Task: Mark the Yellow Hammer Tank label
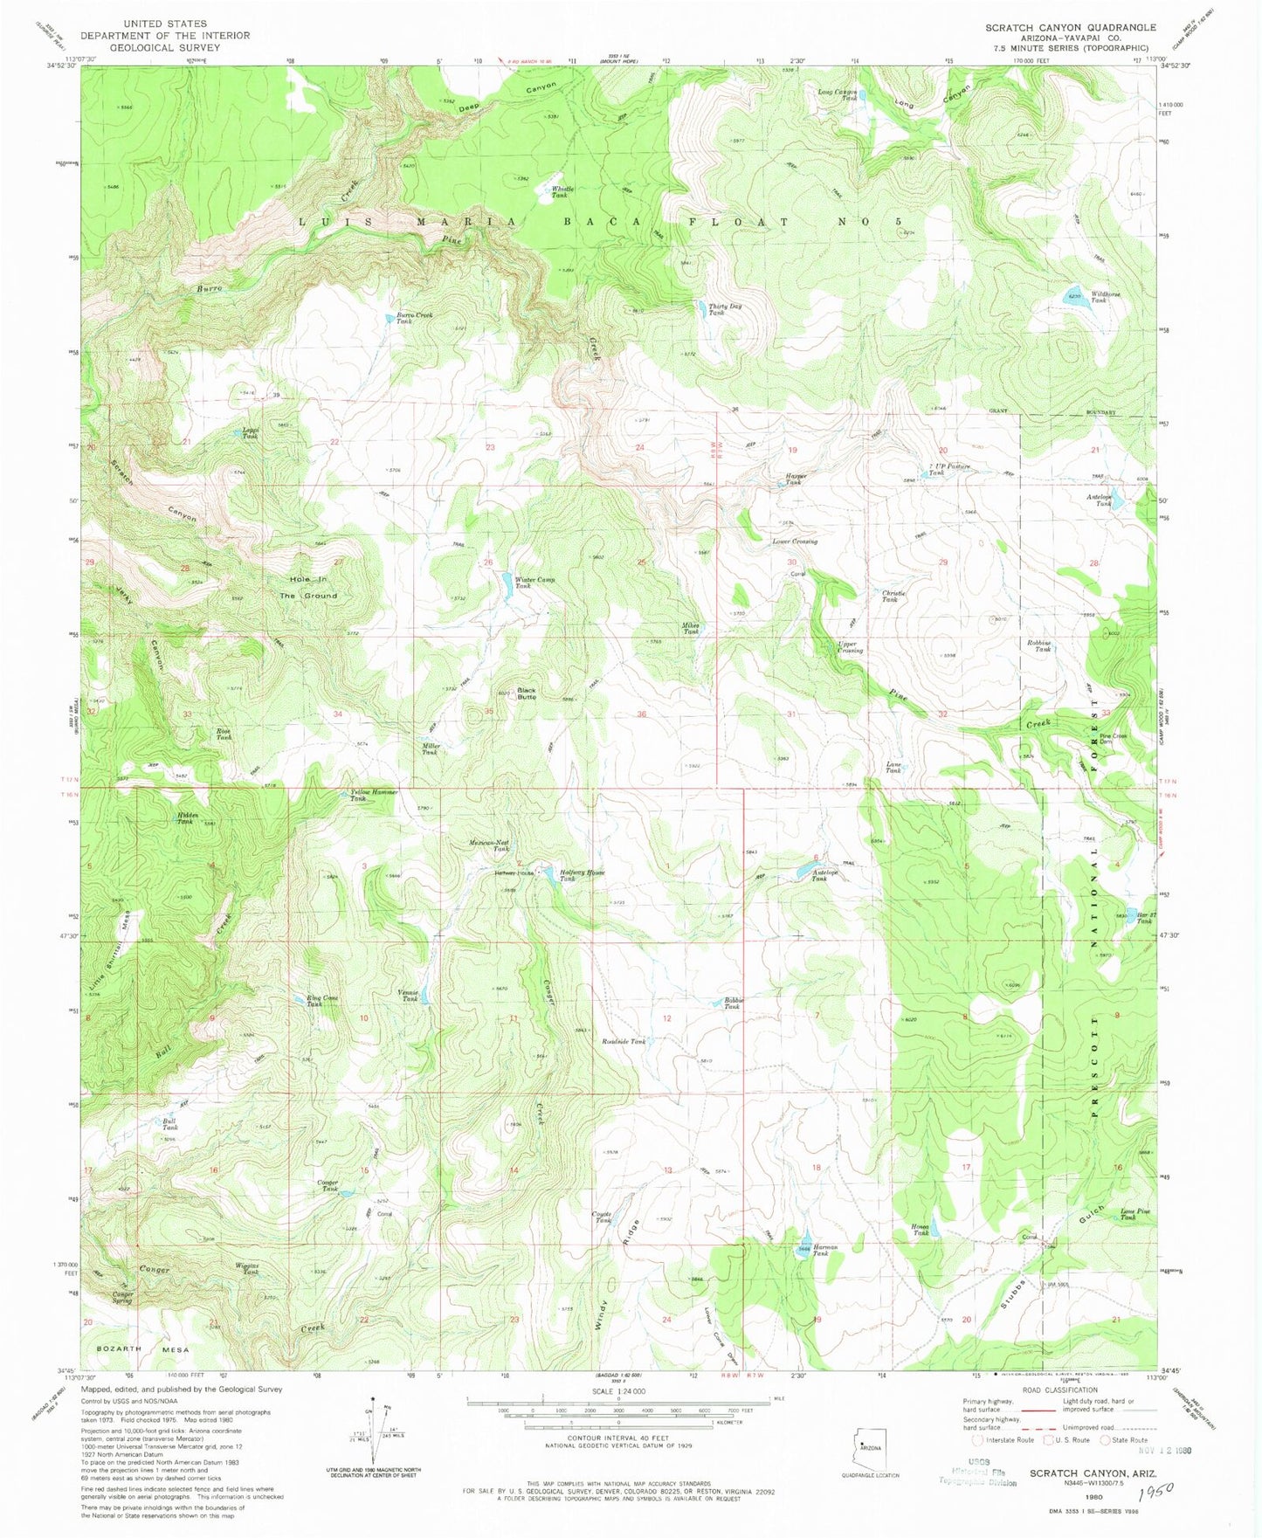(x=374, y=795)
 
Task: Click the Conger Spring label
(x=122, y=1298)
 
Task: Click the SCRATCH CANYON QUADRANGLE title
(x=1071, y=28)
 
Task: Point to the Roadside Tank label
(x=624, y=1041)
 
